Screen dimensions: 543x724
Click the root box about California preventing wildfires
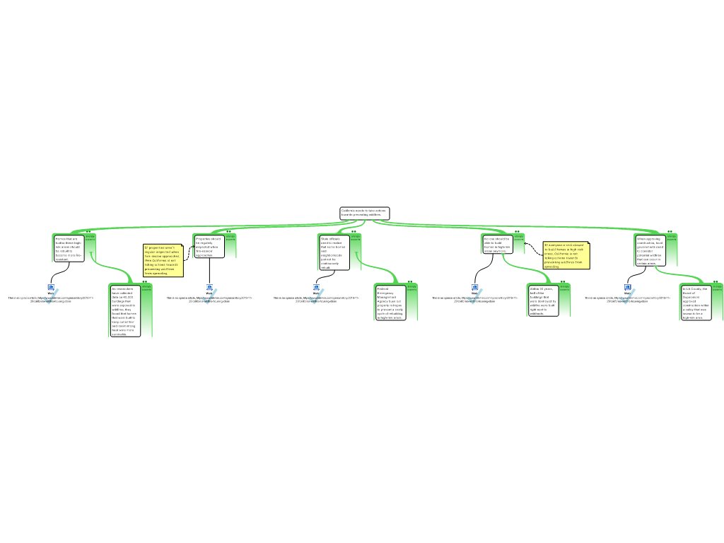(x=364, y=213)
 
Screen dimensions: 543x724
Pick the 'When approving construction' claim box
(x=650, y=251)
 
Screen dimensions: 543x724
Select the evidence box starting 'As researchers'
(x=124, y=311)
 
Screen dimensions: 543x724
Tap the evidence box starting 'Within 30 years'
(x=544, y=300)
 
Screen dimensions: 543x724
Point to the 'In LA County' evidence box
(x=695, y=303)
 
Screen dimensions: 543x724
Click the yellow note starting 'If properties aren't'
(x=163, y=260)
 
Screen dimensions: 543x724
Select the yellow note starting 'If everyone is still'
(x=566, y=255)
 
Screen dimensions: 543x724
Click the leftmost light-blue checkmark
(x=51, y=297)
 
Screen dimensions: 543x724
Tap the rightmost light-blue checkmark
(x=627, y=296)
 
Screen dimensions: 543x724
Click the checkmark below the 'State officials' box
(x=316, y=296)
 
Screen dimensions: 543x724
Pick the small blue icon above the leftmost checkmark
(x=51, y=287)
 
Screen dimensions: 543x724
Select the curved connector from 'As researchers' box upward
(x=113, y=269)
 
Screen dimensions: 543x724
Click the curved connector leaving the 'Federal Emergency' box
(x=385, y=272)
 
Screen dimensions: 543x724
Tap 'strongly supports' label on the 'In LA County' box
(x=718, y=288)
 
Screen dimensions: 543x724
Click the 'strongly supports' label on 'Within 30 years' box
(x=564, y=287)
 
